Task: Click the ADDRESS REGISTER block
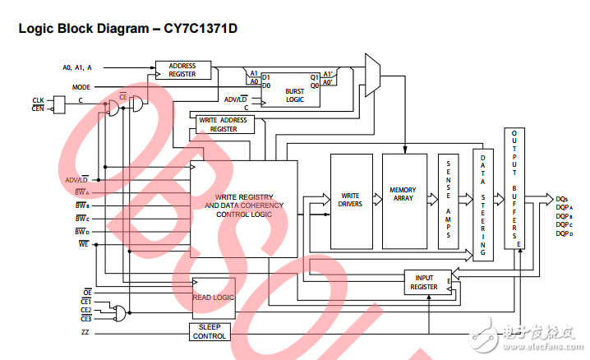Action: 182,70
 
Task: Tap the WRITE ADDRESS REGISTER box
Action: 223,124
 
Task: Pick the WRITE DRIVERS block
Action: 351,201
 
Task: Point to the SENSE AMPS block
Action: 449,201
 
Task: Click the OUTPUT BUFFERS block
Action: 515,188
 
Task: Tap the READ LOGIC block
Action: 213,298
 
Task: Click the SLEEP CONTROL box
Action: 210,331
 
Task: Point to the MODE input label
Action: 81,86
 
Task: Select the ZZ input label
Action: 85,332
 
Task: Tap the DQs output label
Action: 562,199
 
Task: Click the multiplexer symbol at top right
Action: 371,76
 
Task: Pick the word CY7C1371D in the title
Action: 198,27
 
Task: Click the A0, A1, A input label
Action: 78,67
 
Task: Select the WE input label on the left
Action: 84,244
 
